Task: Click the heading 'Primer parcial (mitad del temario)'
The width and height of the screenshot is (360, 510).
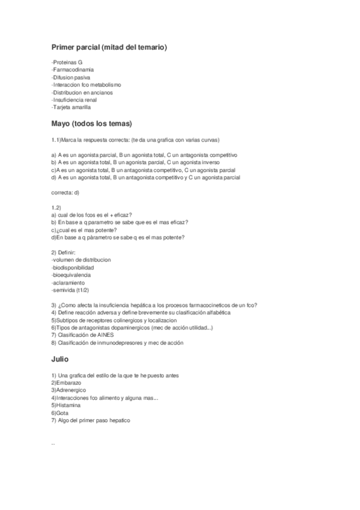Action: pos(109,47)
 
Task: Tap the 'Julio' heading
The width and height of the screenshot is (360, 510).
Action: pos(60,359)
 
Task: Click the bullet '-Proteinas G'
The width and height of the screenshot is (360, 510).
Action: pos(67,63)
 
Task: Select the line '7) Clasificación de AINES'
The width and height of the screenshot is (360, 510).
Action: pos(82,335)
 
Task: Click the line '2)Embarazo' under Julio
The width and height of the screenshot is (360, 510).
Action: pos(66,382)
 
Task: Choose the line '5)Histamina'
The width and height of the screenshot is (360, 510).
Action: pos(66,405)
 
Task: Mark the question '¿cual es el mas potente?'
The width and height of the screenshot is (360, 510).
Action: pos(84,230)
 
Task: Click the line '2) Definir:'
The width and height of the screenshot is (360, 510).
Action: pos(66,252)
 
